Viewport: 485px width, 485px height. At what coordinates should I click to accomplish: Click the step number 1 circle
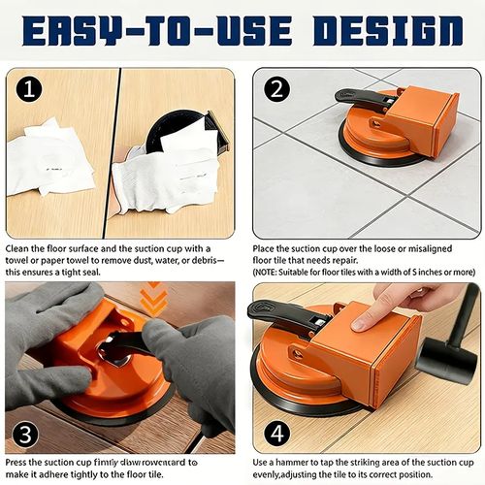(30, 89)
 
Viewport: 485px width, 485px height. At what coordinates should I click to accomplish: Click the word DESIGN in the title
(388, 30)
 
